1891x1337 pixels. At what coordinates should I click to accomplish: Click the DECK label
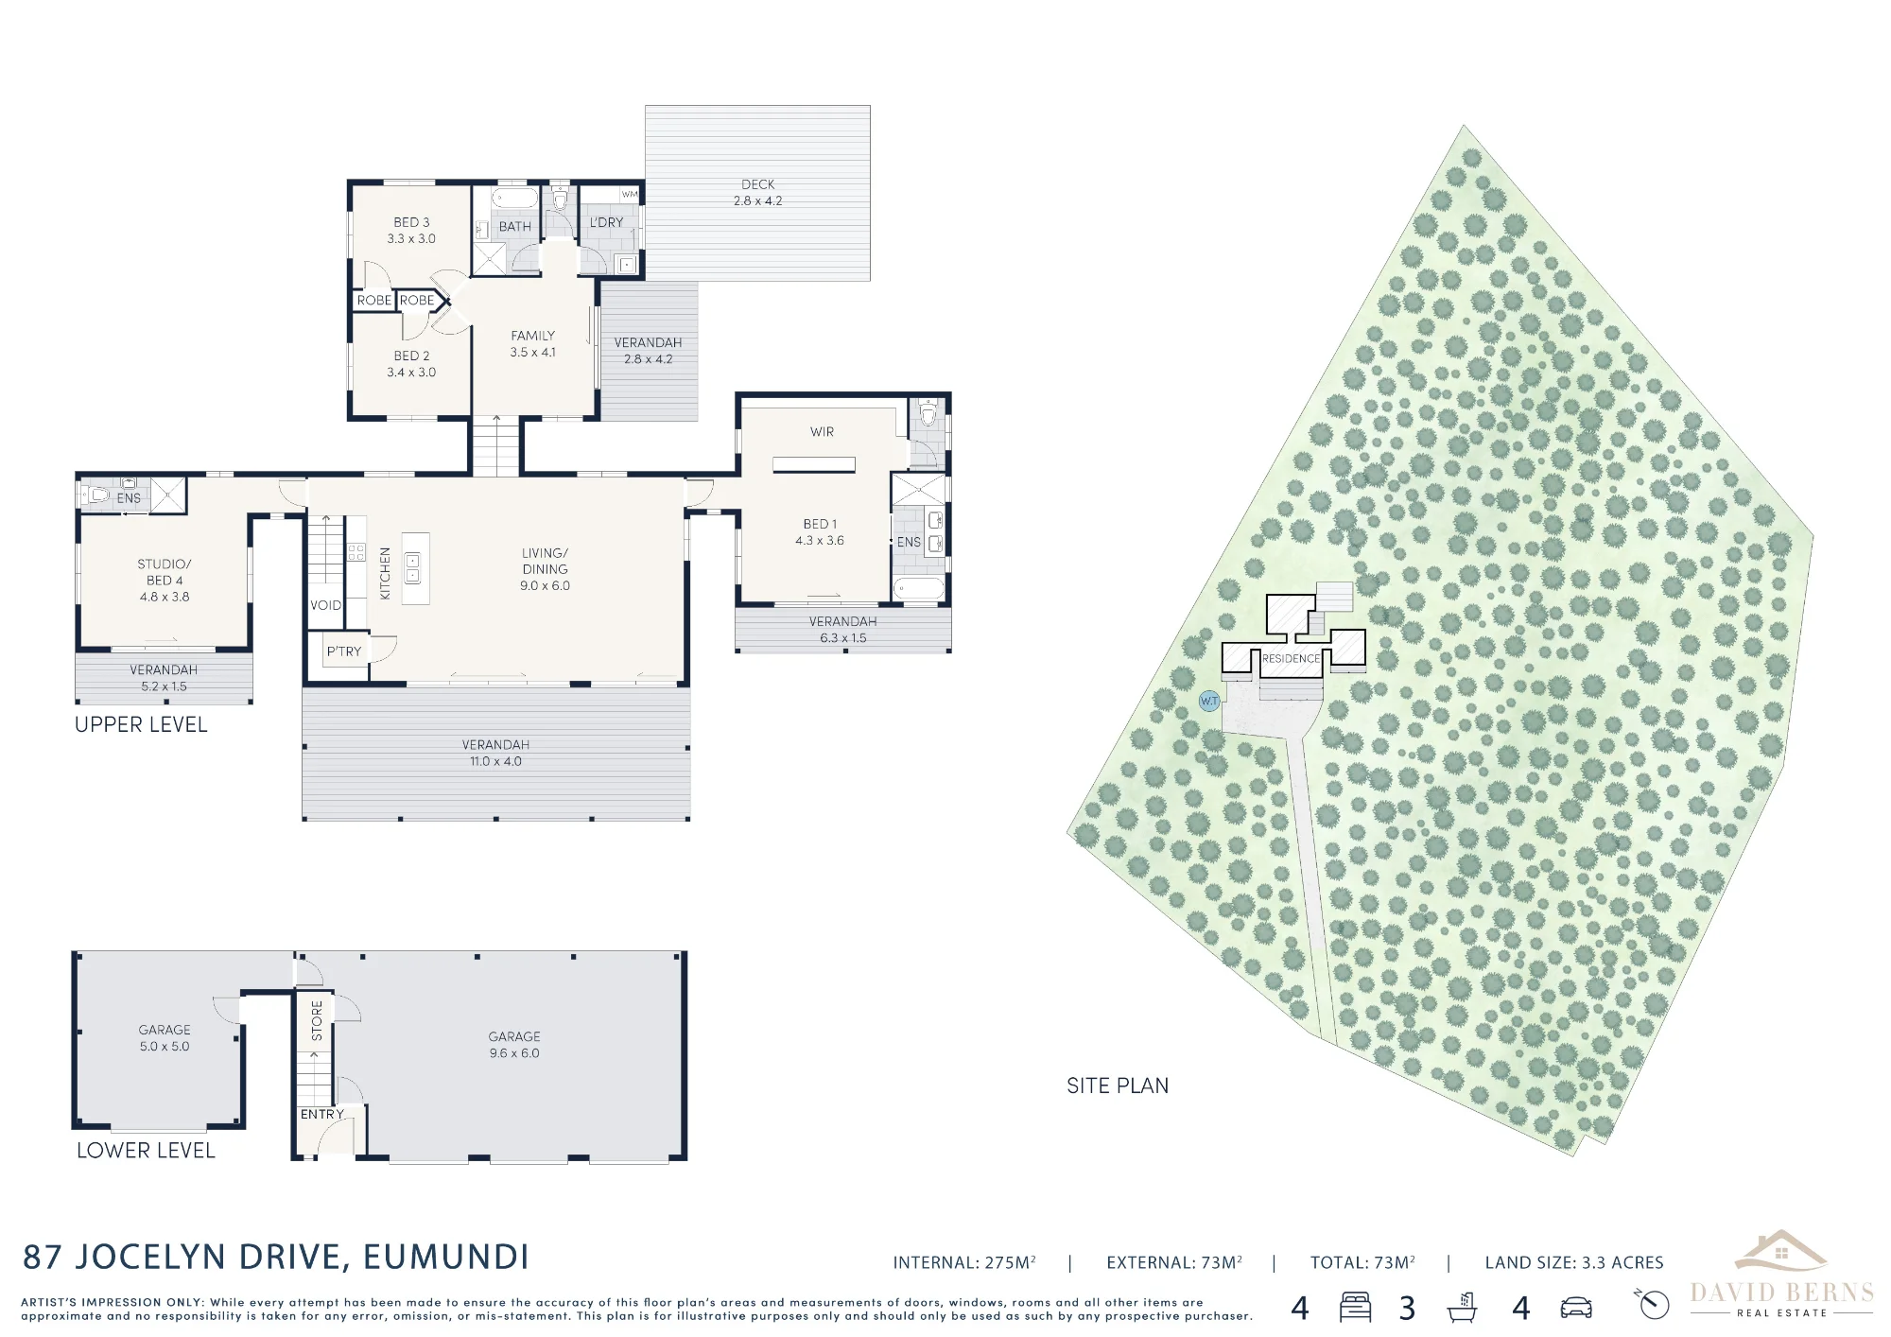[757, 184]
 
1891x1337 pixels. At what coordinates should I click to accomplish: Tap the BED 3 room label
[411, 222]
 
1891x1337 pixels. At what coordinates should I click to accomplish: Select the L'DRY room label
[606, 223]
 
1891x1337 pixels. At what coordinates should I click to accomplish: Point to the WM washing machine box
[630, 194]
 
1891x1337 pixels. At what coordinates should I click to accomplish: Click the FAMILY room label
[533, 336]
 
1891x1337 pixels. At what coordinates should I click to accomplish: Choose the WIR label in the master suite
[822, 432]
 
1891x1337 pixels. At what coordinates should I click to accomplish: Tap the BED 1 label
[820, 524]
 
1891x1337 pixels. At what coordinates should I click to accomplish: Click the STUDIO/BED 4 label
[165, 572]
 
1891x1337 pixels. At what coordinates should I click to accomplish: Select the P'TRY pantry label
[344, 651]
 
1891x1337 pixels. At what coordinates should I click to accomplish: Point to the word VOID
[326, 605]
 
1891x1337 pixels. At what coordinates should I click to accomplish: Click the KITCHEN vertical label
[385, 573]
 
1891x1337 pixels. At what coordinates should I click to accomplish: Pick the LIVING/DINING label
[545, 561]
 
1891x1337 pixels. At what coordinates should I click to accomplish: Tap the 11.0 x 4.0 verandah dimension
[495, 761]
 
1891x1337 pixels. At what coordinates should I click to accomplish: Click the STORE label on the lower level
[317, 1021]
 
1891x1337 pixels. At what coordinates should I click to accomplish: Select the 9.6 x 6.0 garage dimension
[514, 1053]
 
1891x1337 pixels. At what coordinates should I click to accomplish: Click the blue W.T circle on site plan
[1209, 701]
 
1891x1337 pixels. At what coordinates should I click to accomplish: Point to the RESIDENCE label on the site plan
[1291, 658]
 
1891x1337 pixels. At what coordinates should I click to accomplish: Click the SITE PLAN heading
[1118, 1085]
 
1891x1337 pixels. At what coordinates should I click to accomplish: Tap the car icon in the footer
[1576, 1308]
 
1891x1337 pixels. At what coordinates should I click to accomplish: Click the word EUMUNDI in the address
[446, 1257]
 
